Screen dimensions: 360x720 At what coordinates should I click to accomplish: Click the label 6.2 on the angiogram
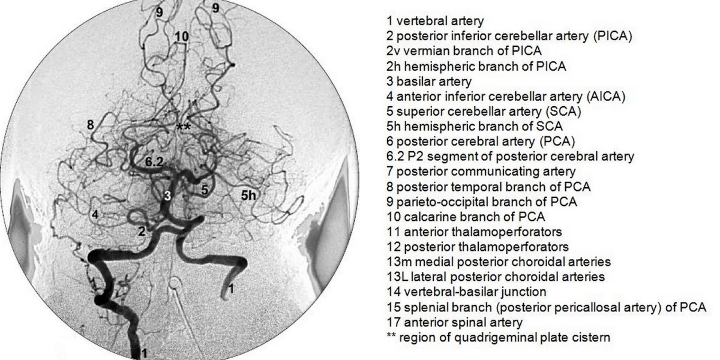point(154,161)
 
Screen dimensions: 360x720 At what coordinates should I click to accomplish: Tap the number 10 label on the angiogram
point(181,37)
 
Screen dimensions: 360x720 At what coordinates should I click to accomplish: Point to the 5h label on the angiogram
point(250,194)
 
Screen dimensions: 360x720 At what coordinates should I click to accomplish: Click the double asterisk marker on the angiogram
point(183,127)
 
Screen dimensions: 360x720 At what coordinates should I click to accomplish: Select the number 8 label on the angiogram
point(90,125)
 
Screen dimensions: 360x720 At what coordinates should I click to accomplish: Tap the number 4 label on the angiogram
point(95,214)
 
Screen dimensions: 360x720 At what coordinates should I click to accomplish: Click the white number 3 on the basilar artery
point(168,195)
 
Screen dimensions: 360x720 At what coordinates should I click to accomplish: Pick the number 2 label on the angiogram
point(142,231)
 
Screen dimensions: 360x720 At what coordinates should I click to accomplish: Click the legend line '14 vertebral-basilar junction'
point(467,292)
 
